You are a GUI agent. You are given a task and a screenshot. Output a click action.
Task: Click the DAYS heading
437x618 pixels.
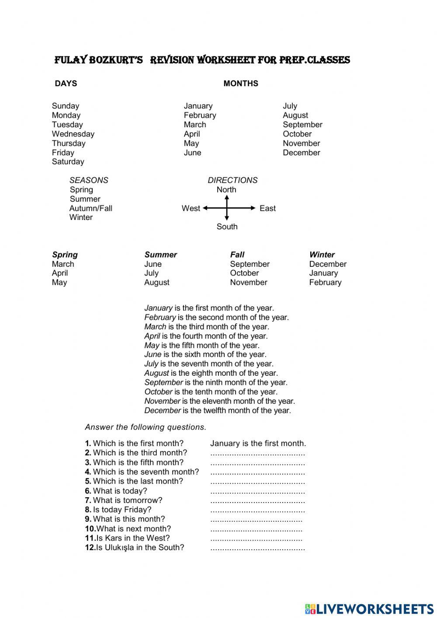pyautogui.click(x=66, y=84)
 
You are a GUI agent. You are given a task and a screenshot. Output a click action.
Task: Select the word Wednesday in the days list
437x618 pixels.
pyautogui.click(x=73, y=134)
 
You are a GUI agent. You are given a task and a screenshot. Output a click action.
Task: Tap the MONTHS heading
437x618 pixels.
pyautogui.click(x=240, y=84)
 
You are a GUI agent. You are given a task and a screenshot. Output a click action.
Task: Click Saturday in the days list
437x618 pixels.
pyautogui.click(x=68, y=161)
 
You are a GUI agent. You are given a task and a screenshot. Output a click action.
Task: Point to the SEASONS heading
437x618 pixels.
pyautogui.click(x=89, y=180)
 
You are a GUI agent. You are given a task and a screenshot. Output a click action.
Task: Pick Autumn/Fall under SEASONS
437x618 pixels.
pyautogui.click(x=90, y=208)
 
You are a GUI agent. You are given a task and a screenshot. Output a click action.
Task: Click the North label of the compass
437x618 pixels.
pyautogui.click(x=226, y=190)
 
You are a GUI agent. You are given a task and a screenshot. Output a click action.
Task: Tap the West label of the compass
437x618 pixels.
pyautogui.click(x=191, y=208)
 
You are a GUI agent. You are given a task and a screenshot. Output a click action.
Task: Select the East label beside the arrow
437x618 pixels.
pyautogui.click(x=267, y=208)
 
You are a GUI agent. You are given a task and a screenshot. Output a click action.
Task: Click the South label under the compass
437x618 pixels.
pyautogui.click(x=227, y=227)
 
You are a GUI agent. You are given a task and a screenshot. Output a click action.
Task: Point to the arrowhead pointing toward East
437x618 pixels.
pyautogui.click(x=252, y=208)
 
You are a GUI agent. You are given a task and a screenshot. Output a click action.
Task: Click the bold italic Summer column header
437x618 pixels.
pyautogui.click(x=160, y=255)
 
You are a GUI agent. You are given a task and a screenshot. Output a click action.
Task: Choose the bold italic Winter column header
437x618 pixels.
pyautogui.click(x=322, y=255)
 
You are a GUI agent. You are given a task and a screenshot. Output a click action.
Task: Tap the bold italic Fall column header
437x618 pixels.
pyautogui.click(x=237, y=255)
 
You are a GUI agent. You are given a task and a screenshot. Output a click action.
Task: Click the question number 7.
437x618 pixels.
pyautogui.click(x=88, y=500)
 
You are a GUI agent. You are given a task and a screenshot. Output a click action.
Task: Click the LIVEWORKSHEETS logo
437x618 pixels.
pyautogui.click(x=369, y=608)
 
